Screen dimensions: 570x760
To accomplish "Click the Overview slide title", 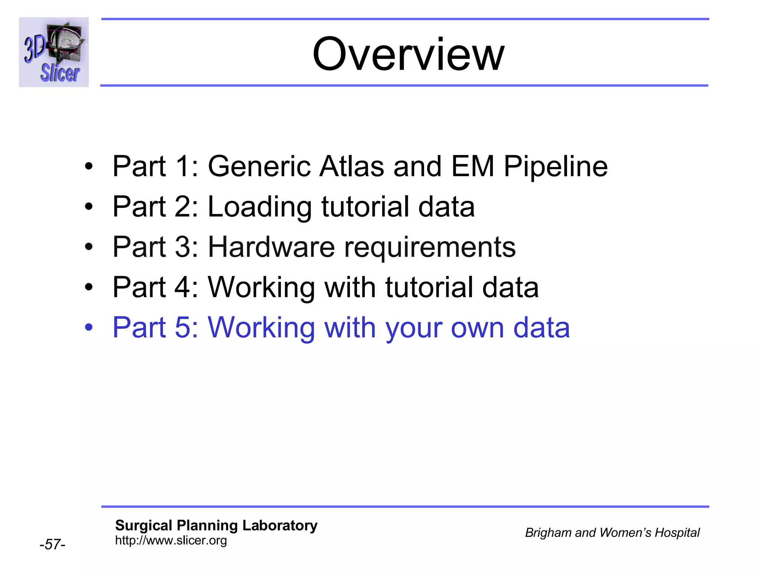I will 408,55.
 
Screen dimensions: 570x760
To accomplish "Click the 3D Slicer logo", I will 54,52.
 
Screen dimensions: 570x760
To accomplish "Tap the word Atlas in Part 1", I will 352,166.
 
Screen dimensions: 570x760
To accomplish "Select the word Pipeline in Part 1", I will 556,167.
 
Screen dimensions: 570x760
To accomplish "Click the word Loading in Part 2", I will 259,207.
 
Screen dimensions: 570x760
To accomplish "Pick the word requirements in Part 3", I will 430,248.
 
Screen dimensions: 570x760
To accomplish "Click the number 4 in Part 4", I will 183,287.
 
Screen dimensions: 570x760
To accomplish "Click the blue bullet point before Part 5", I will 88,328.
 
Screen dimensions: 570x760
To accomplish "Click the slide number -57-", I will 52,544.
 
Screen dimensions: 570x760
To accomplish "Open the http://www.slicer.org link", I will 171,541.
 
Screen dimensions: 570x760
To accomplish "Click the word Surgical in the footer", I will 144,525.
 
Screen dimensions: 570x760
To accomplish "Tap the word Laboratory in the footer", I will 280,525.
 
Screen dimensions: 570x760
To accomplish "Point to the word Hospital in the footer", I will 677,533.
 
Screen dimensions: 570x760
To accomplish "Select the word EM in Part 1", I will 472,166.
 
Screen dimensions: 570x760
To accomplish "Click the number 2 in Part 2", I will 183,207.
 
